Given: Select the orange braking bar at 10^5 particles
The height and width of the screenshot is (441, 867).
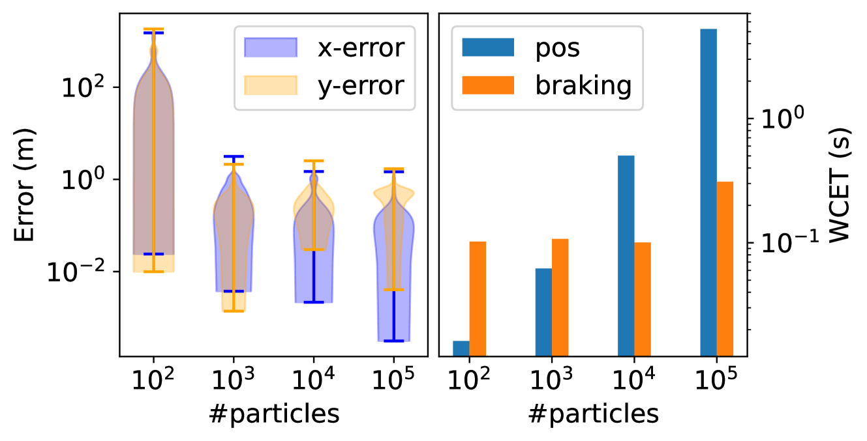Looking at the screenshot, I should (x=725, y=268).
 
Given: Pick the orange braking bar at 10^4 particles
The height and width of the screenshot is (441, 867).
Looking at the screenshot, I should (x=643, y=298).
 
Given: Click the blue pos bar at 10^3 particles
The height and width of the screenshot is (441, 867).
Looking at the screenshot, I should (x=543, y=311).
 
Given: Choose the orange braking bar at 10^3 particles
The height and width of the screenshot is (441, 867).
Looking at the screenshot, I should (x=560, y=297).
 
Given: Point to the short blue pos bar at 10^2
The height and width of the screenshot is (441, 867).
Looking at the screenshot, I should (x=461, y=348).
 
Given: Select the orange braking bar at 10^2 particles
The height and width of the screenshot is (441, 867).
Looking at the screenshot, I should (x=478, y=298).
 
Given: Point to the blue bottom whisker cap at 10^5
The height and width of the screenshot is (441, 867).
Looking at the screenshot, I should (x=393, y=341).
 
